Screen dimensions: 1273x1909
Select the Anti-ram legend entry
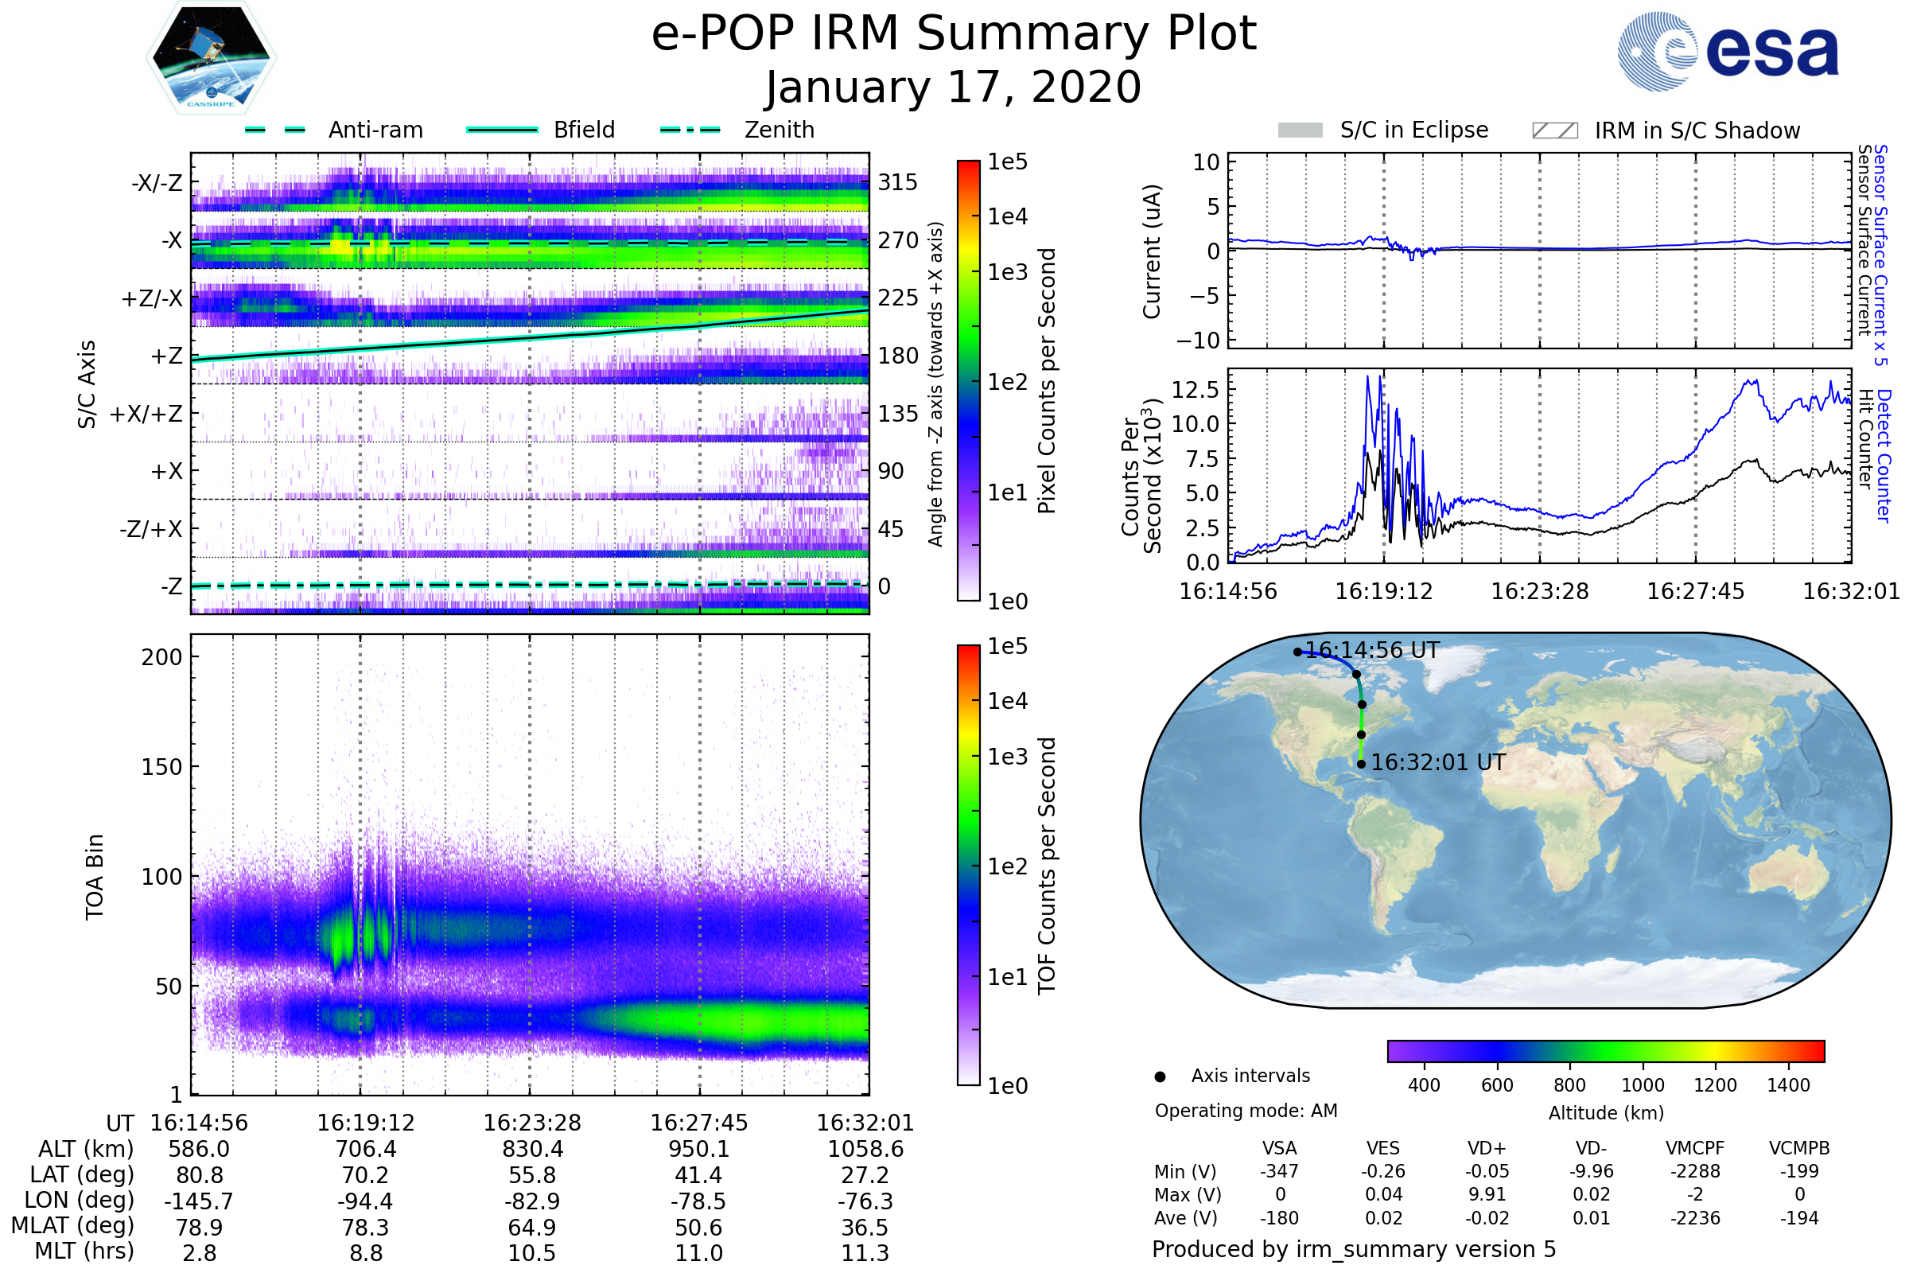[375, 130]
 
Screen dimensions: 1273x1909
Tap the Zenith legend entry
[779, 130]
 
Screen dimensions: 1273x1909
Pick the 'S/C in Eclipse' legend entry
[1413, 130]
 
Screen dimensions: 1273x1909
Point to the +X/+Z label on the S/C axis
[146, 414]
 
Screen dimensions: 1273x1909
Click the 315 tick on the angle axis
[897, 182]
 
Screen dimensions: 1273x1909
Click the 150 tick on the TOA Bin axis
[161, 766]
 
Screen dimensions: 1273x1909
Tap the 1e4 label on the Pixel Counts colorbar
[1007, 216]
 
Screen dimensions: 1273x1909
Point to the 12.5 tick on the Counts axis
[1195, 390]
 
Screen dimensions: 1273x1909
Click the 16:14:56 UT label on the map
[1371, 650]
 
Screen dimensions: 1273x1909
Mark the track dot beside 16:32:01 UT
[1361, 764]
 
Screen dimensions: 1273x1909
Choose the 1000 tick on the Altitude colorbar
[1642, 1085]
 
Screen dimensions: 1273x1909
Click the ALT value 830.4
[531, 1149]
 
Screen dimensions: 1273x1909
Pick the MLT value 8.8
[365, 1252]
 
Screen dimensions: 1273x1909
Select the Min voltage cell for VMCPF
[1695, 1171]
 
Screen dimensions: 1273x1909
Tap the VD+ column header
[1487, 1148]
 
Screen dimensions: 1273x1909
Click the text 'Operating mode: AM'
[1246, 1111]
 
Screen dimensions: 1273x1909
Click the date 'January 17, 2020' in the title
[954, 88]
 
